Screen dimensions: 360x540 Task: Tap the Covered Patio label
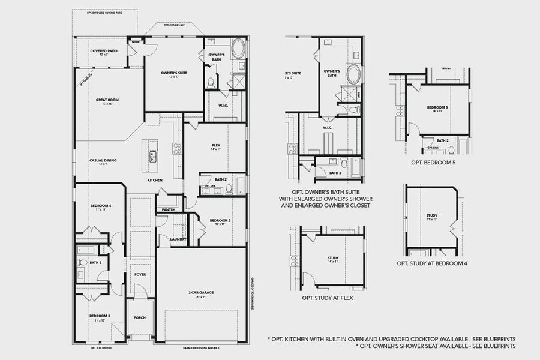pos(103,51)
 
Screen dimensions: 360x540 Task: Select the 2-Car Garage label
pos(201,293)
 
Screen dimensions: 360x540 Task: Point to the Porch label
pos(139,318)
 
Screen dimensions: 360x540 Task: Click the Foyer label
pos(139,275)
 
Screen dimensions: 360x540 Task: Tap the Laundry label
pos(178,239)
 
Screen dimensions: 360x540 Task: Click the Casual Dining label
pos(103,160)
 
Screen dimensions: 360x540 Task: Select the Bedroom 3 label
pos(100,316)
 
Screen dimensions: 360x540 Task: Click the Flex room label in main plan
pos(216,145)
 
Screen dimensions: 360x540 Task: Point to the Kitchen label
pos(155,180)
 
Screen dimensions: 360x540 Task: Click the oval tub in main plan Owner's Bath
pos(238,47)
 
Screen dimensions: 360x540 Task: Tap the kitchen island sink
pos(152,157)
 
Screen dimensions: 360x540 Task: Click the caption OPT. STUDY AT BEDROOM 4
pos(432,263)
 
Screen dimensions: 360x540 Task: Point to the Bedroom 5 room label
pos(437,108)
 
